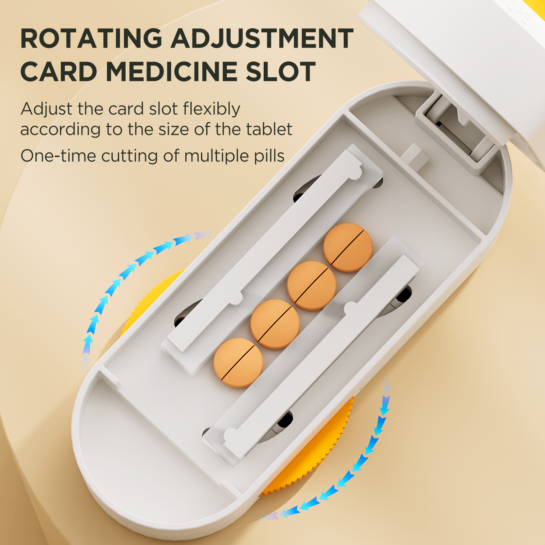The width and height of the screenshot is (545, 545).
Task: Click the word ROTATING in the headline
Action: click(91, 38)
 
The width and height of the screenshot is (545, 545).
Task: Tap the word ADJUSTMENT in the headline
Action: click(262, 38)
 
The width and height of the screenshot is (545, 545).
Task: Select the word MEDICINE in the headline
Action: click(173, 72)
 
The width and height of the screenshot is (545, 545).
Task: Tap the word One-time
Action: click(58, 156)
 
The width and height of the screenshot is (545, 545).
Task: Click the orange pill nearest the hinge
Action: click(348, 247)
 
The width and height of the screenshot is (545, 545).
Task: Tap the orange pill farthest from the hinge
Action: click(238, 363)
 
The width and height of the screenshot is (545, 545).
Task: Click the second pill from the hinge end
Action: click(312, 285)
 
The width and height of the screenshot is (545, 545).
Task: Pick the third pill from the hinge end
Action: click(275, 324)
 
